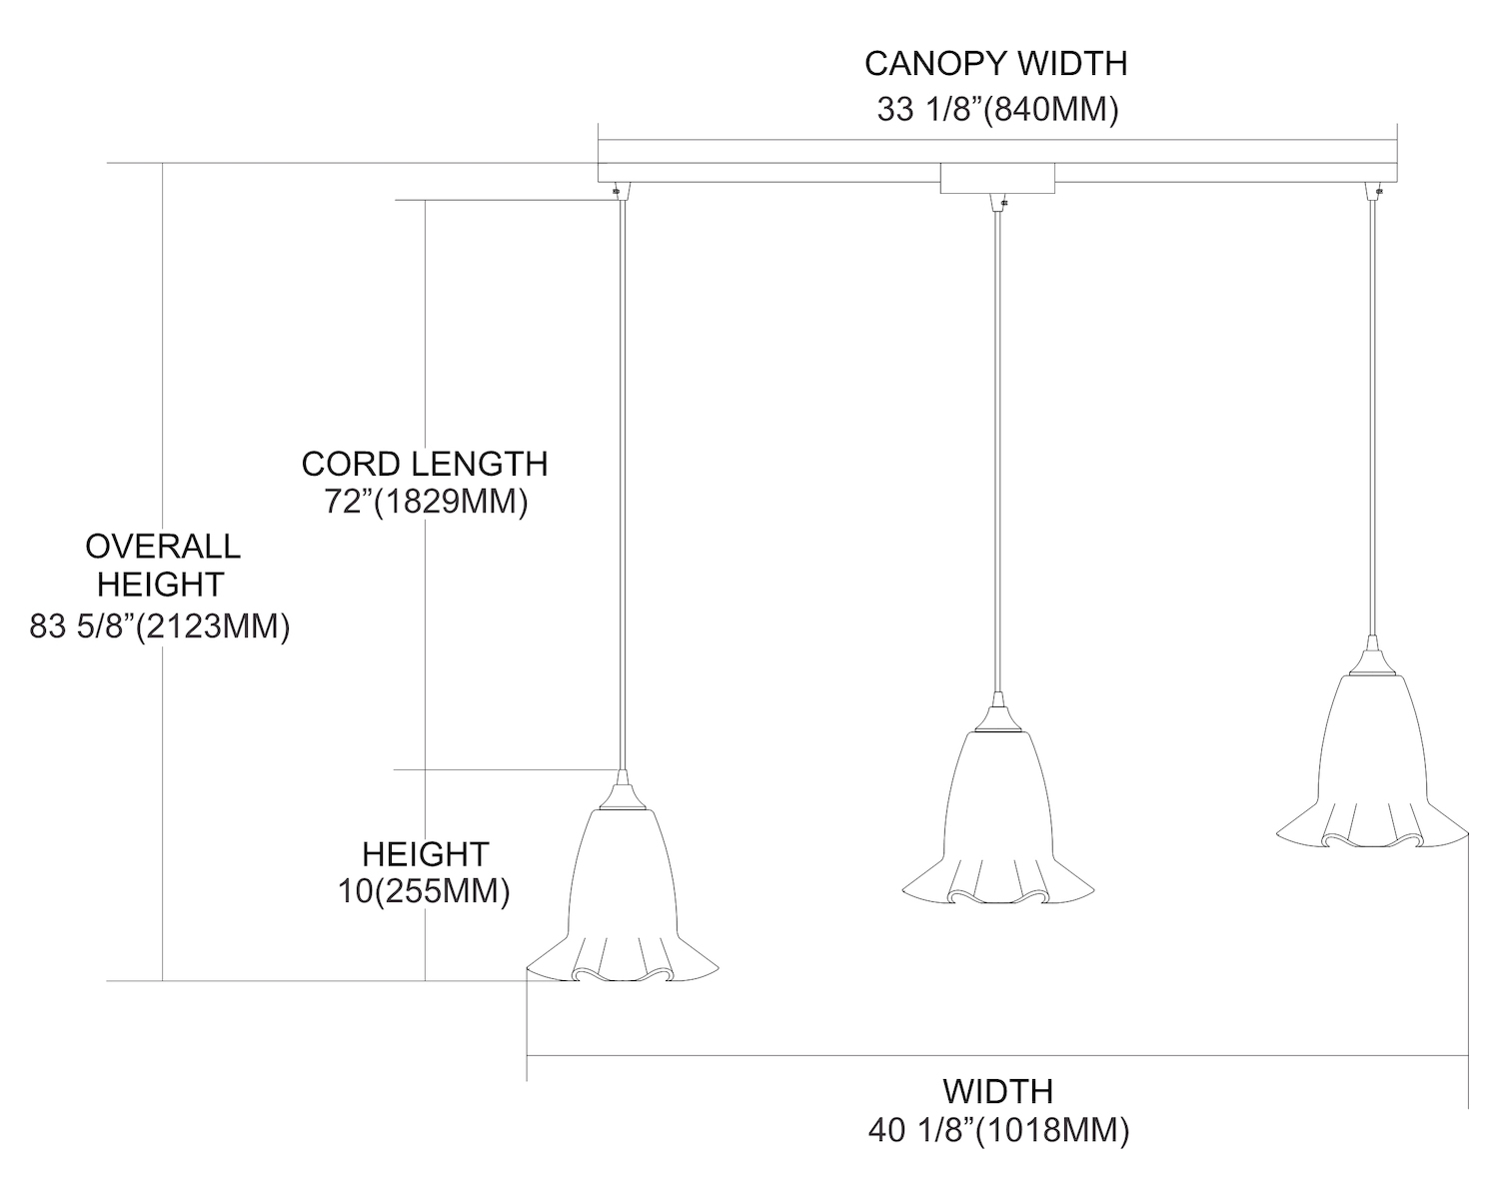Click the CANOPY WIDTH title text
tap(995, 64)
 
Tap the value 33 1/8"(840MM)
tap(997, 109)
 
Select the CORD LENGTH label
tap(425, 464)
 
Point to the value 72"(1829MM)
tap(426, 501)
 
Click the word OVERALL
tap(162, 547)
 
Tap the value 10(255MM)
tap(424, 890)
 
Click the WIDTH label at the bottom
tap(997, 1090)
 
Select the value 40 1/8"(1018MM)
tap(998, 1130)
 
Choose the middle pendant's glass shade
tap(997, 819)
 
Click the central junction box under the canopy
tap(997, 179)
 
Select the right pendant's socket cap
tap(1373, 658)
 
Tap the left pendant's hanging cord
tap(622, 480)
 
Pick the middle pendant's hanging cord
tap(996, 450)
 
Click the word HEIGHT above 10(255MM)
tap(425, 854)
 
